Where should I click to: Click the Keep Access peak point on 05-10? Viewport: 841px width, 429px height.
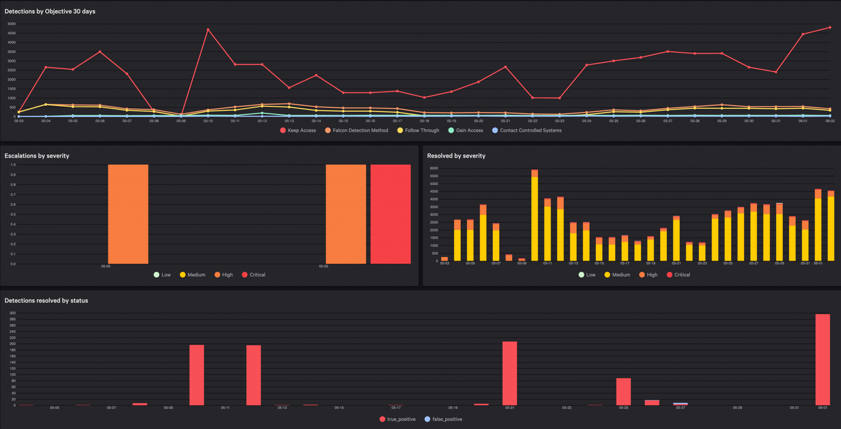pyautogui.click(x=208, y=30)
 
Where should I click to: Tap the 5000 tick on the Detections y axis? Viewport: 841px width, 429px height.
pyautogui.click(x=11, y=24)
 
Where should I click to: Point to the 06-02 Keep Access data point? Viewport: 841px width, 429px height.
pyautogui.click(x=830, y=28)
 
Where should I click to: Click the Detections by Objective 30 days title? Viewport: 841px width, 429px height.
pyautogui.click(x=50, y=11)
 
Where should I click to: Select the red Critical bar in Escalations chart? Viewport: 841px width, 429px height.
pyautogui.click(x=391, y=214)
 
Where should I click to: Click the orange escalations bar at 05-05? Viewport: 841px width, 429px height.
pyautogui.click(x=128, y=214)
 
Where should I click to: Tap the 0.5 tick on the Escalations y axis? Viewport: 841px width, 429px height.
pyautogui.click(x=13, y=214)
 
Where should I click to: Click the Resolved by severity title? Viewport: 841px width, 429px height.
pyautogui.click(x=456, y=156)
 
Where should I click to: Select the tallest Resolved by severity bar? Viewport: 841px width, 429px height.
pyautogui.click(x=534, y=216)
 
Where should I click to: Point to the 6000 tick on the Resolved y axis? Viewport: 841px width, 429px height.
pyautogui.click(x=434, y=168)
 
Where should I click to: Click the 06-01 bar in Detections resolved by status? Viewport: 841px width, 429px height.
pyautogui.click(x=823, y=360)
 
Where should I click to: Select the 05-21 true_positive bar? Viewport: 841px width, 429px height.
pyautogui.click(x=510, y=373)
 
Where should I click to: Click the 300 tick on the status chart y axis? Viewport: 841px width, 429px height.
pyautogui.click(x=13, y=313)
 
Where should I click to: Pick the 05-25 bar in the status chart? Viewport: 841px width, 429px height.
pyautogui.click(x=623, y=392)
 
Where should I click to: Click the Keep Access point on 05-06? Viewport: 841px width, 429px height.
pyautogui.click(x=100, y=52)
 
